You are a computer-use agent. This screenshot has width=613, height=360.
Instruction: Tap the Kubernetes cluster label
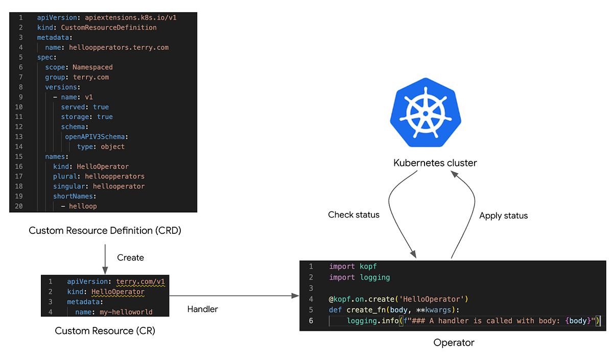click(x=435, y=163)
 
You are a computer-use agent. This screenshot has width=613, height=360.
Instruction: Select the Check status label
click(x=353, y=215)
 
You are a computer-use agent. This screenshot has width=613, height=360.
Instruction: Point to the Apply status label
click(x=503, y=216)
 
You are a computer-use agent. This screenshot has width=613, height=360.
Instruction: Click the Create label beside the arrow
click(x=130, y=258)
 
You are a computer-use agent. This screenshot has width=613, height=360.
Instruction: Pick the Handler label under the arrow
click(x=203, y=309)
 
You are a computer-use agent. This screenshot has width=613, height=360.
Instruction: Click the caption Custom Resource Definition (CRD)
click(x=105, y=231)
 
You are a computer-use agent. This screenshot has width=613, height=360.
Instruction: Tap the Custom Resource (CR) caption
click(x=105, y=331)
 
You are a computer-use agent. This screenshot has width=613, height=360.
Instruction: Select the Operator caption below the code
click(x=454, y=343)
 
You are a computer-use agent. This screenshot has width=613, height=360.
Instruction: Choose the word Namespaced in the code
click(x=92, y=67)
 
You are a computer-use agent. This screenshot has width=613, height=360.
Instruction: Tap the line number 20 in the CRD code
click(x=19, y=206)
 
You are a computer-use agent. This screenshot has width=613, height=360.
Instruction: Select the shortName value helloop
click(x=83, y=206)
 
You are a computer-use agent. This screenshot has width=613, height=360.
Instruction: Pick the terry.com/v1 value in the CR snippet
click(x=140, y=282)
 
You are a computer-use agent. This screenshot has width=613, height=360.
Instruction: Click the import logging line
click(x=359, y=277)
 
